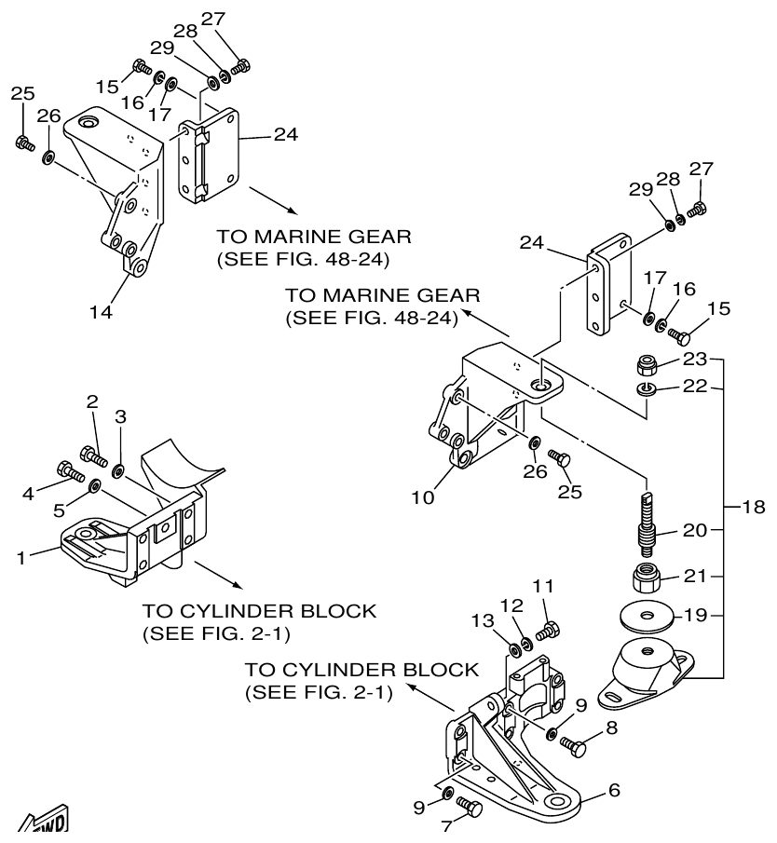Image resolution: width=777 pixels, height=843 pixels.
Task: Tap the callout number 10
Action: coord(424,498)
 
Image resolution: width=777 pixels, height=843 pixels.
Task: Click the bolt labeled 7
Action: coord(471,809)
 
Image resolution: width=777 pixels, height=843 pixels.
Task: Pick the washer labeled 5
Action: coord(94,486)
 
